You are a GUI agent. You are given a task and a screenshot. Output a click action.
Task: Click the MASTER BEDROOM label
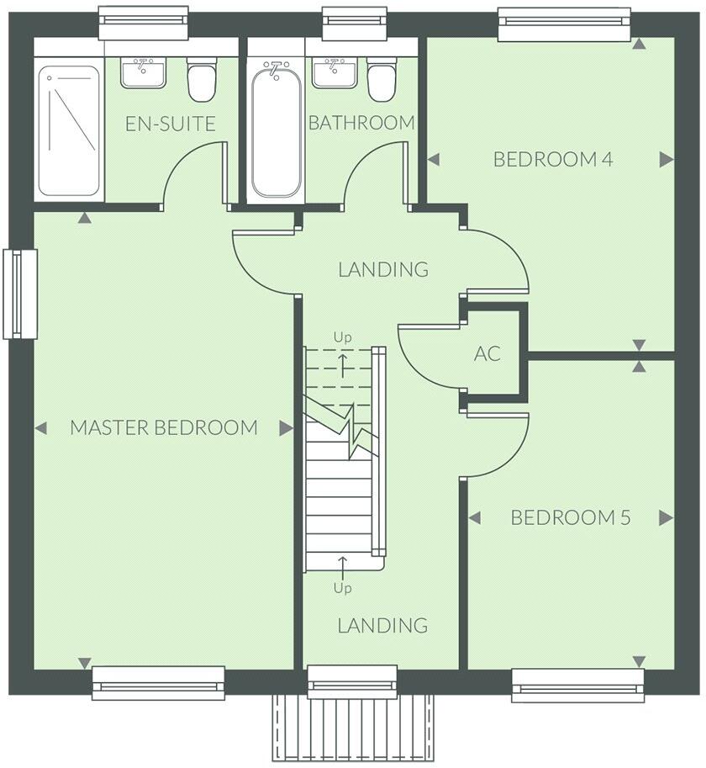pyautogui.click(x=164, y=427)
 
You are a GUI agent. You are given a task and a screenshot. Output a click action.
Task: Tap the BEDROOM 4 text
pyautogui.click(x=553, y=159)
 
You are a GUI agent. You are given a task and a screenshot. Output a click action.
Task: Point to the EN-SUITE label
pyautogui.click(x=171, y=124)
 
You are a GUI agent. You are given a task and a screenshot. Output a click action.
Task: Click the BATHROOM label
pyautogui.click(x=361, y=123)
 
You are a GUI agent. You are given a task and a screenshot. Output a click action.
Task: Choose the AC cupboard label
pyautogui.click(x=487, y=354)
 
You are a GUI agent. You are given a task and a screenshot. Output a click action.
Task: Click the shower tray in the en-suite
pyautogui.click(x=69, y=130)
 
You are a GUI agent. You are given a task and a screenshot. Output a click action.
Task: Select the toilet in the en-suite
pyautogui.click(x=202, y=80)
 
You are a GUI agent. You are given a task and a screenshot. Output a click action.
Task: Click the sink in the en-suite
pyautogui.click(x=143, y=72)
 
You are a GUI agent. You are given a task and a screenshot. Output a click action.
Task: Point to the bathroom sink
pyautogui.click(x=335, y=72)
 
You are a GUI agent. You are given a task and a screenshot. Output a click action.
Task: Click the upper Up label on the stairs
pyautogui.click(x=342, y=337)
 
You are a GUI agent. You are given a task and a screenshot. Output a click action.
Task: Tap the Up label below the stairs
pyautogui.click(x=342, y=588)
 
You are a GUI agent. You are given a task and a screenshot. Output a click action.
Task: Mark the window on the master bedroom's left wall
pyautogui.click(x=20, y=294)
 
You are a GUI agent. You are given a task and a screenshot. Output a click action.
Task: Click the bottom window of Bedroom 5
pyautogui.click(x=577, y=684)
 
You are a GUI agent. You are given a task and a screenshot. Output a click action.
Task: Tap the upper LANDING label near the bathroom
pyautogui.click(x=383, y=270)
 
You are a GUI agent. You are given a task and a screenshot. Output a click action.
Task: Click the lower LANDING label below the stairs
pyautogui.click(x=382, y=626)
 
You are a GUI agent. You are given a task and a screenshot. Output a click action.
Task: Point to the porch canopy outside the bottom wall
pyautogui.click(x=353, y=727)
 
